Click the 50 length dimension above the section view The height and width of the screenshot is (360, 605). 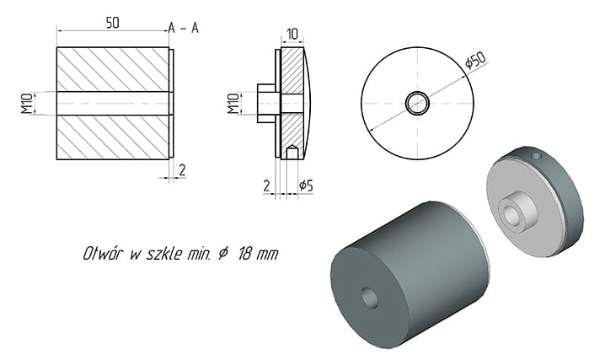point(112,23)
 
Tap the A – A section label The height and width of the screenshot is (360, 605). point(184,28)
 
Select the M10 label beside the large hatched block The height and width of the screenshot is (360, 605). point(27,104)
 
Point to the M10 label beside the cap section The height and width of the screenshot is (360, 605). point(233,104)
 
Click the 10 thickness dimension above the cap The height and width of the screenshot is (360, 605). point(292,34)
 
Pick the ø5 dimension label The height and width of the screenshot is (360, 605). point(306,185)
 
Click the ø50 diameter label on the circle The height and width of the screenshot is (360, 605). point(475,60)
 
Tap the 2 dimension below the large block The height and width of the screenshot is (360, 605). point(182,169)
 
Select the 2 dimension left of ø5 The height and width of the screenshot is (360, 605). point(266,185)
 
